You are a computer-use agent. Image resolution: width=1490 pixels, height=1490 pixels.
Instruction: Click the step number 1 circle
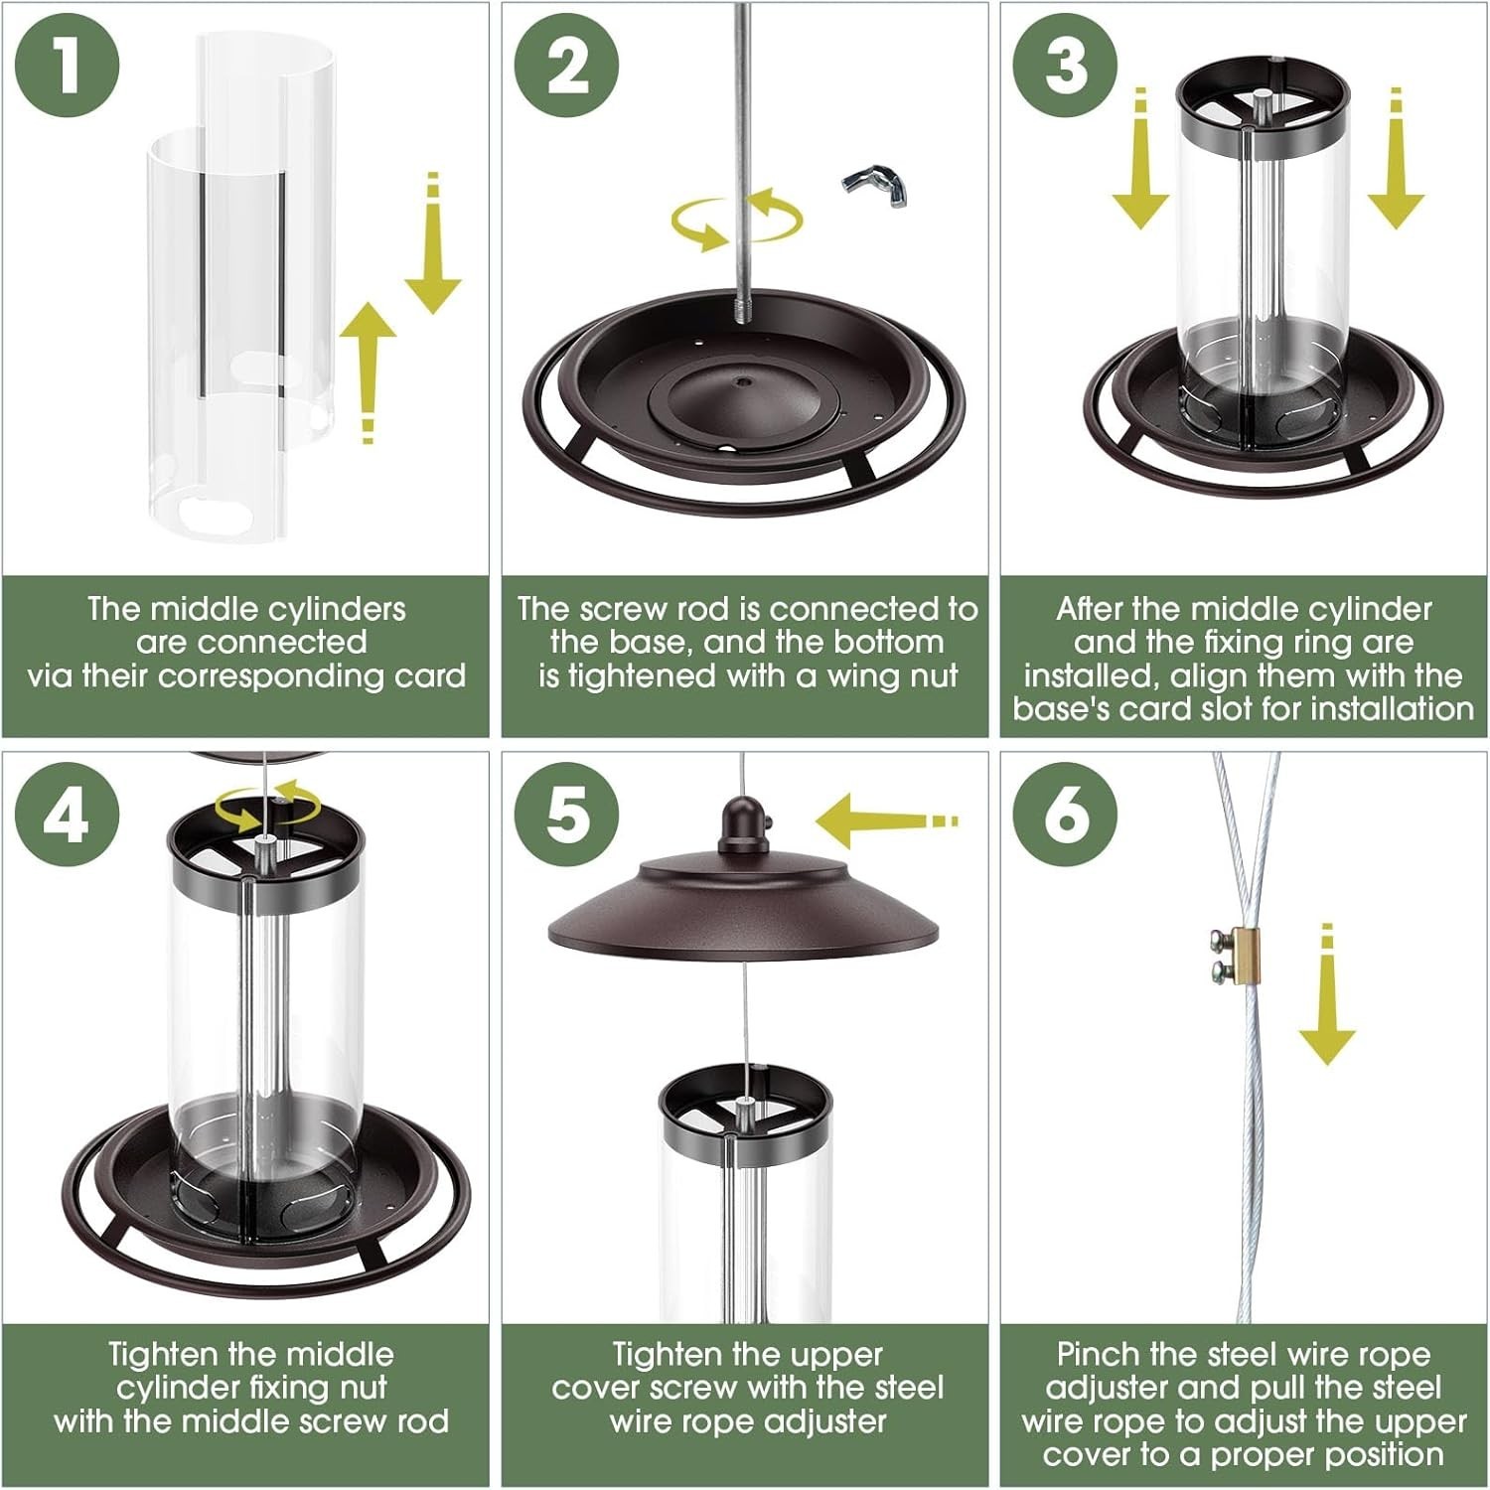pos(68,66)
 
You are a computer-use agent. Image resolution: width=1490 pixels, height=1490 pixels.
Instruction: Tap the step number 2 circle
pos(567,66)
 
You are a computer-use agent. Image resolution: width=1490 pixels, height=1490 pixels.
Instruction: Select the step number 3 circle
pos(1066,66)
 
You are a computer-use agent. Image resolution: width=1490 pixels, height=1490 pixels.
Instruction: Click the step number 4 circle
pos(68,816)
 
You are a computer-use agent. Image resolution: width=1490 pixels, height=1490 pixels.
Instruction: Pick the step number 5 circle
pos(567,816)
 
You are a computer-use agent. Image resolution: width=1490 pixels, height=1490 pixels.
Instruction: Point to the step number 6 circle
pos(1066,816)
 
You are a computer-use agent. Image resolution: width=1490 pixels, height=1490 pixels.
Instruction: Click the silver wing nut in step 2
pos(876,186)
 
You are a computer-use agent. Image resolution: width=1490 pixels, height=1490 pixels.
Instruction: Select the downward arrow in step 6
pos(1327,993)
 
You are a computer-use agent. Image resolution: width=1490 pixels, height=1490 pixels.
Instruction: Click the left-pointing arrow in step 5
pos(886,821)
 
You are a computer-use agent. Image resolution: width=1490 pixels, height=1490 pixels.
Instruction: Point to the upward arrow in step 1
pos(369,372)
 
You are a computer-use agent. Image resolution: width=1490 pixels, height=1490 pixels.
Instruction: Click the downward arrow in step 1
pos(433,243)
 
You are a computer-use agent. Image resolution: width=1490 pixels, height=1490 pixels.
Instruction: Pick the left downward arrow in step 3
pos(1140,159)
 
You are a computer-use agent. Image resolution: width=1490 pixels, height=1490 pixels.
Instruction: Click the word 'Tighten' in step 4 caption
pos(163,1355)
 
